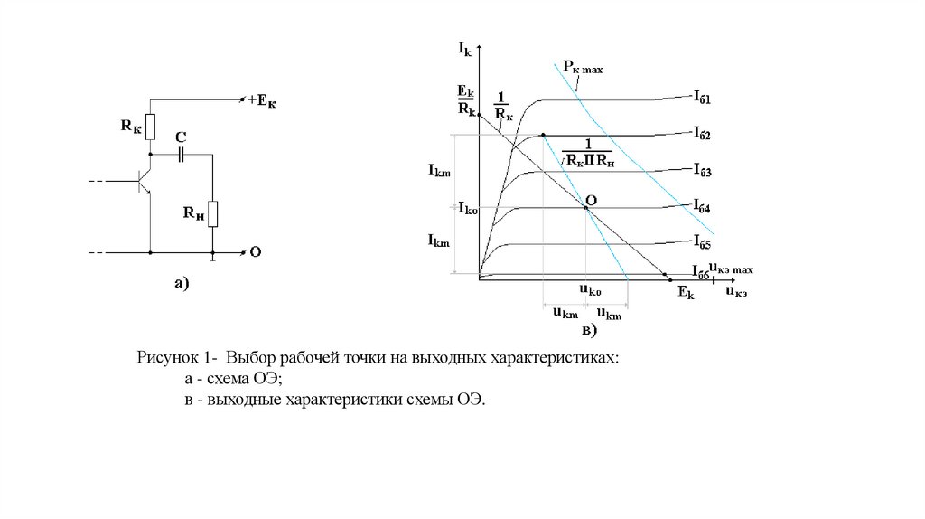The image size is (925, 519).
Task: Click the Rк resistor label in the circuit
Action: tap(130, 127)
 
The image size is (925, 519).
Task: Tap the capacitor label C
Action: tap(180, 137)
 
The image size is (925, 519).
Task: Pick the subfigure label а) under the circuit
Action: tap(182, 285)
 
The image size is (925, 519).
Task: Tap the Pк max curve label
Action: tap(582, 67)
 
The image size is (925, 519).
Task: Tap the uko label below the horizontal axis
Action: tap(590, 290)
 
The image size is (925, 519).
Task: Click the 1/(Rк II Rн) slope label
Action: tap(586, 152)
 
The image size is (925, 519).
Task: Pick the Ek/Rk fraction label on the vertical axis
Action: tap(466, 99)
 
